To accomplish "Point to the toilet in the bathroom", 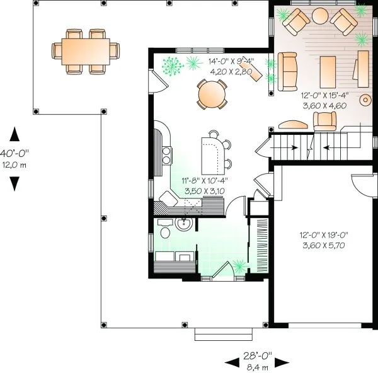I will pyautogui.click(x=165, y=232).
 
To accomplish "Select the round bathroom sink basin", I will pyautogui.click(x=184, y=224).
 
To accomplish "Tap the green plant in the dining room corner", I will pyautogui.click(x=170, y=66).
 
